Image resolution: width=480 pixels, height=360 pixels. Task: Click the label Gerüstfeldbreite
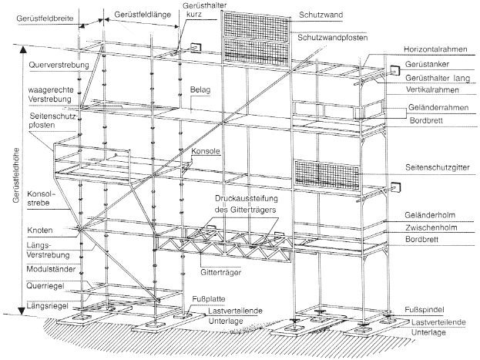point(45,19)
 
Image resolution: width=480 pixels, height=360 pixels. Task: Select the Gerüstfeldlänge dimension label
point(143,15)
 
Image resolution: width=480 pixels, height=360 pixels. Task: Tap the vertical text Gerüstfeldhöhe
point(16,175)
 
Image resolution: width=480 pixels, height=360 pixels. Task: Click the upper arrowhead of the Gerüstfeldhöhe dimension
point(22,49)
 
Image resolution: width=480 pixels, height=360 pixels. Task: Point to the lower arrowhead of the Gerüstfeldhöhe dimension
point(22,311)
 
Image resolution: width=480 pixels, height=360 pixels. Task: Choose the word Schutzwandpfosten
point(332,38)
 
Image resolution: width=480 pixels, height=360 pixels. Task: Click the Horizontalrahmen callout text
point(435,49)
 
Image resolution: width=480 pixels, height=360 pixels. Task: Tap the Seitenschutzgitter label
point(438,167)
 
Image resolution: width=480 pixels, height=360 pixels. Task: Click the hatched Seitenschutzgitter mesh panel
point(327,173)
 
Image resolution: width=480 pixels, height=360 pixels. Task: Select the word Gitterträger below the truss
point(220,272)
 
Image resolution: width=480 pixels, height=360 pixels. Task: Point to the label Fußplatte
point(209,299)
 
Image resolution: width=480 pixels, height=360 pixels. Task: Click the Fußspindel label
point(425,309)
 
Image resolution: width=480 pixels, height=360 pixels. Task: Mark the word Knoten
point(40,230)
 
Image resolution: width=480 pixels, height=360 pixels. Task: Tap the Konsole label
point(206,151)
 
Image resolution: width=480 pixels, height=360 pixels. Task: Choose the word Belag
point(200,89)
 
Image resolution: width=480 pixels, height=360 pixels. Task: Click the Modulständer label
point(51,269)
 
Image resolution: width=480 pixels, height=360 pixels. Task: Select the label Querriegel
point(45,286)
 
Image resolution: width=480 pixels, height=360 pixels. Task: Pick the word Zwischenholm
point(431,227)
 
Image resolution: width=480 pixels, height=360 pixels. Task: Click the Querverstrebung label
point(59,66)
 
